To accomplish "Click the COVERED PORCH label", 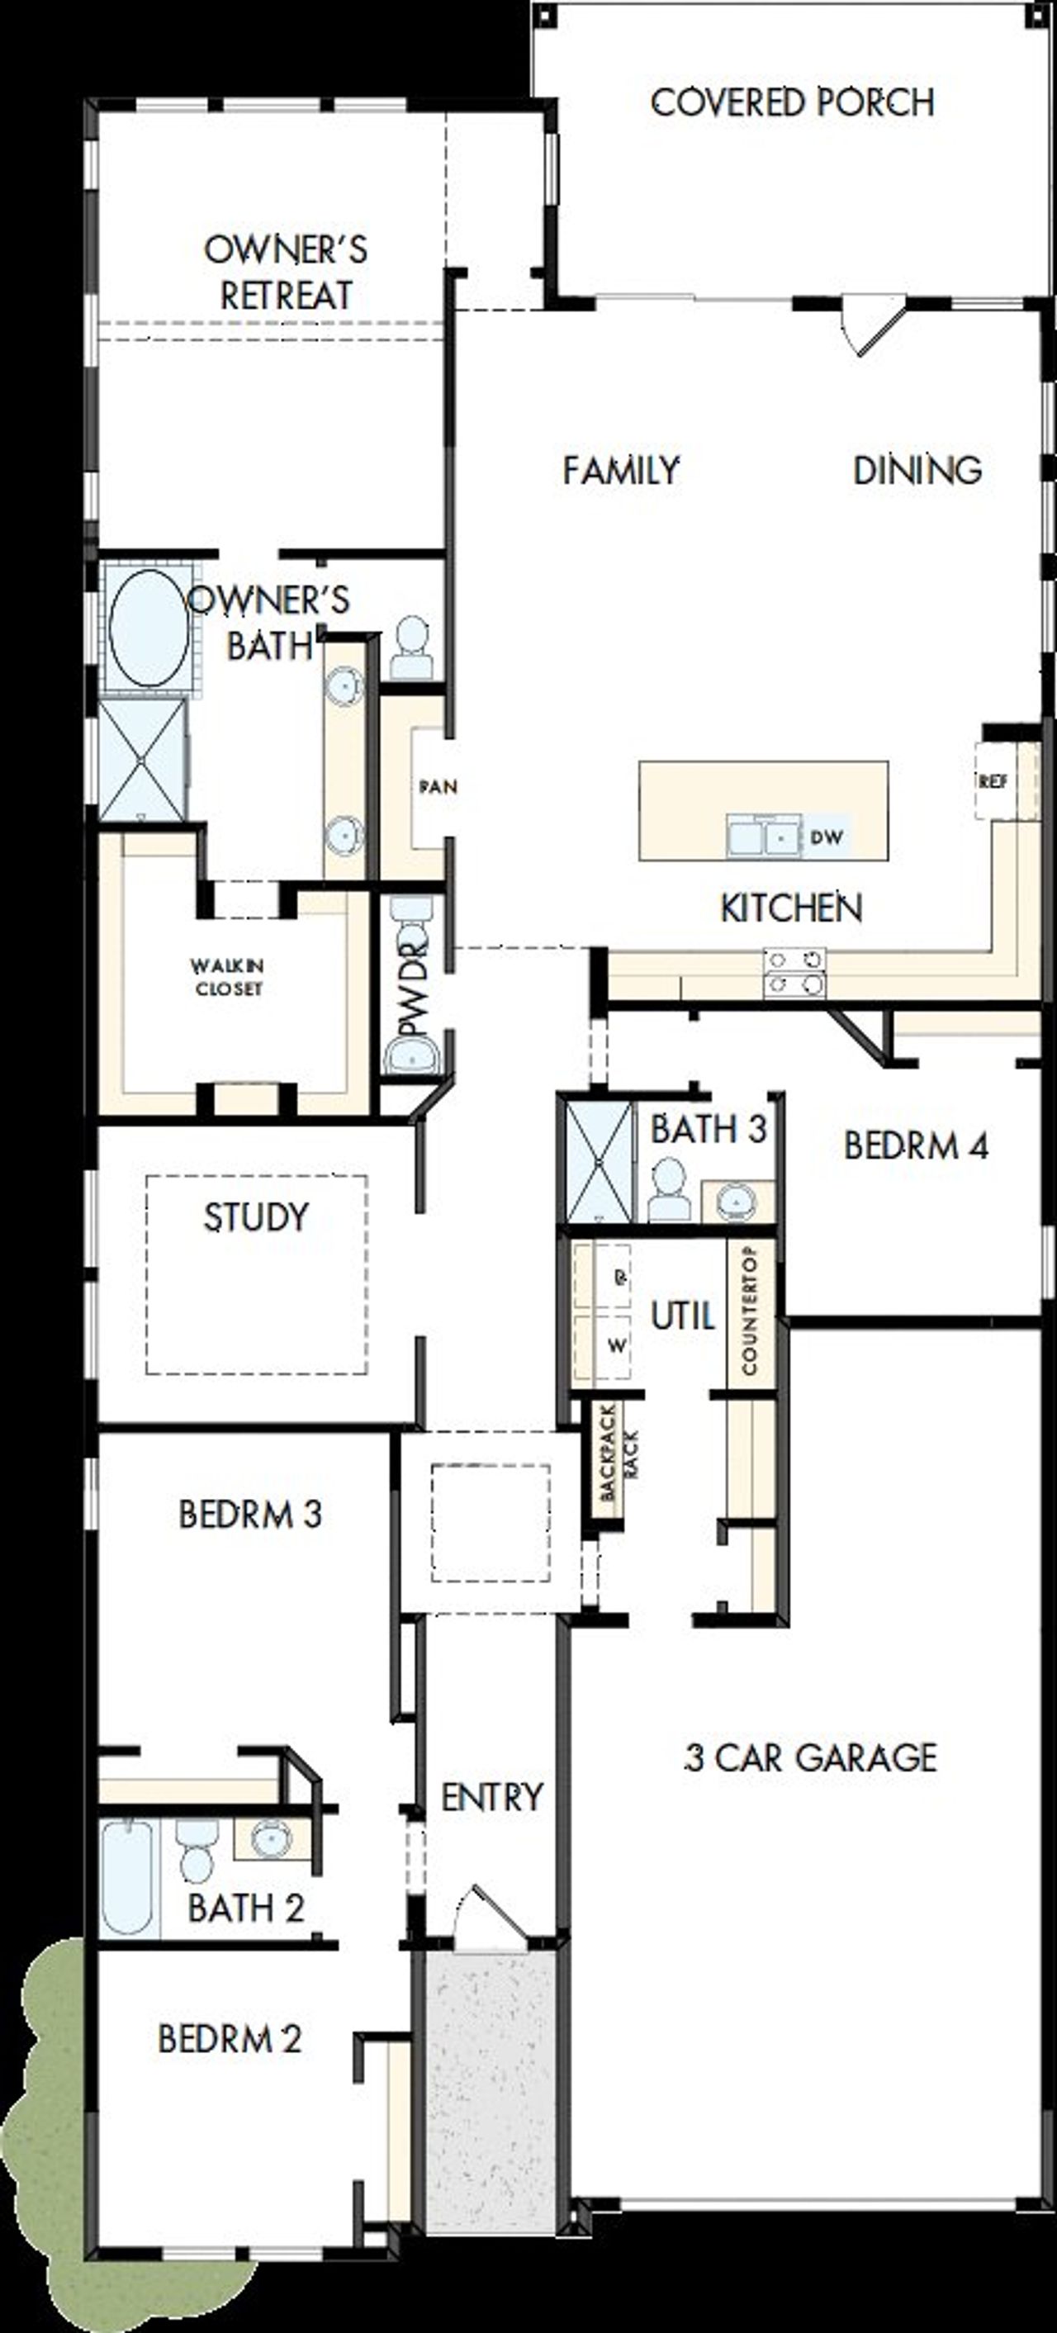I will (x=792, y=102).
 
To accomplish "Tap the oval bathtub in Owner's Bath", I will (x=148, y=627).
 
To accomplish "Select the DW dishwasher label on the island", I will (x=825, y=837).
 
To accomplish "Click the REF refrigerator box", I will (x=992, y=780).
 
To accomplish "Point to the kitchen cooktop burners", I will (x=794, y=972).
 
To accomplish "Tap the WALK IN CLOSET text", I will (x=228, y=977).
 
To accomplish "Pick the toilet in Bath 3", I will (x=670, y=1189).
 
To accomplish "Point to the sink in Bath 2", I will (x=271, y=1838).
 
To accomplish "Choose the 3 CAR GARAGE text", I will (x=808, y=1758).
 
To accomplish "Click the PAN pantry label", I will (x=438, y=786).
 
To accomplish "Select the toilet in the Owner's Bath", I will (x=412, y=646).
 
